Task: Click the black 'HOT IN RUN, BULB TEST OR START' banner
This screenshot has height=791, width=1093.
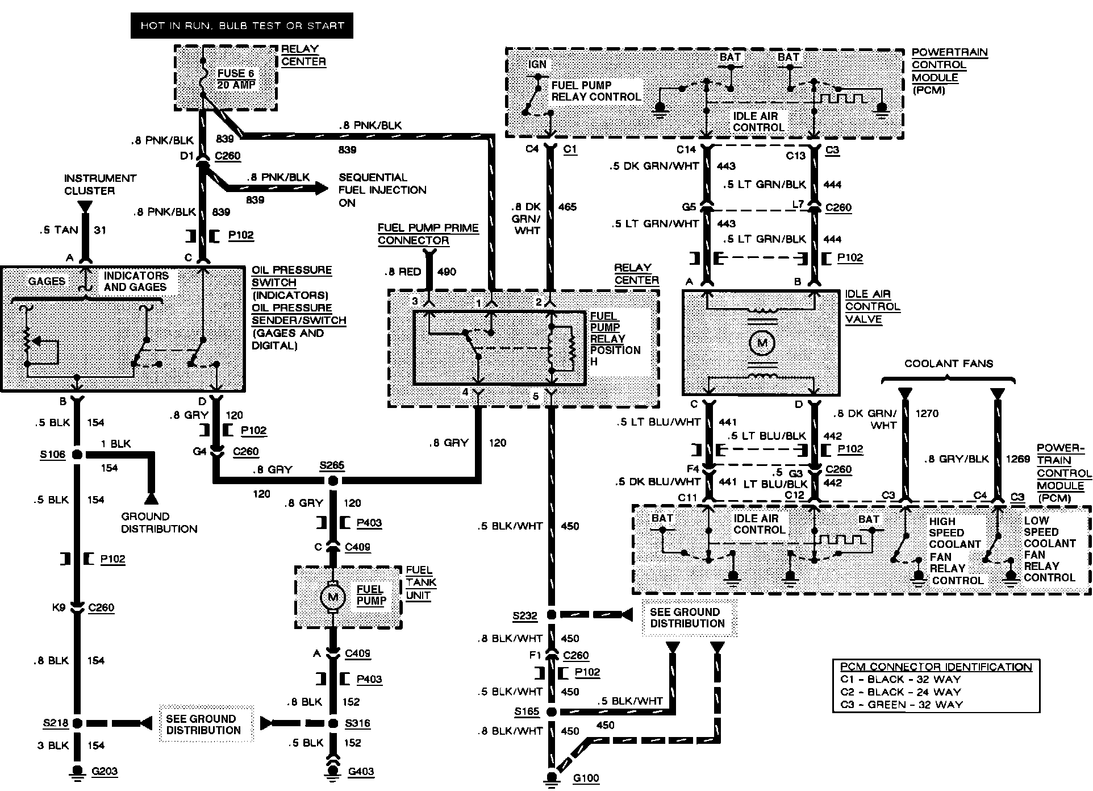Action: tap(241, 26)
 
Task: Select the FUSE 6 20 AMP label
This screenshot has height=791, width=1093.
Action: tap(236, 79)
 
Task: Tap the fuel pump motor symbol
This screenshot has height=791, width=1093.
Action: tap(332, 597)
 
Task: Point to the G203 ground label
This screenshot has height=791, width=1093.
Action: tap(105, 771)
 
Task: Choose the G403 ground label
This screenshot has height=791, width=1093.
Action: tap(361, 772)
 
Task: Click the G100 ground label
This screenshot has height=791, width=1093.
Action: tap(586, 777)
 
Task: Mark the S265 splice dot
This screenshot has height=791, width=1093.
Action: tap(333, 481)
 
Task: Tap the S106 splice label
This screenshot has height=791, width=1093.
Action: tap(52, 455)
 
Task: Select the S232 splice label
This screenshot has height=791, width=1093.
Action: tap(525, 615)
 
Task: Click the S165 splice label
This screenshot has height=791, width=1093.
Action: tap(527, 711)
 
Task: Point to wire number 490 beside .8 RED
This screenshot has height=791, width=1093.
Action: tap(447, 272)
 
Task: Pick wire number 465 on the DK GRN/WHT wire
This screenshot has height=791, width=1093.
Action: tap(567, 207)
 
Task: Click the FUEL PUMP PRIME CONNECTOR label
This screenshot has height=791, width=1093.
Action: tap(428, 234)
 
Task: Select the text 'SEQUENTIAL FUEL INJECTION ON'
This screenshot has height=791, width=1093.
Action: tap(382, 190)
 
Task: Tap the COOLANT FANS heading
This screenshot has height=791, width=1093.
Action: tap(948, 364)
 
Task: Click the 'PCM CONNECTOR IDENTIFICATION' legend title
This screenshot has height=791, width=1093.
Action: tap(936, 667)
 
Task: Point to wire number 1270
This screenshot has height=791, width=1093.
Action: tap(927, 414)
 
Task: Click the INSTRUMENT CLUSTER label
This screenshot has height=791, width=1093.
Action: tap(100, 184)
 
